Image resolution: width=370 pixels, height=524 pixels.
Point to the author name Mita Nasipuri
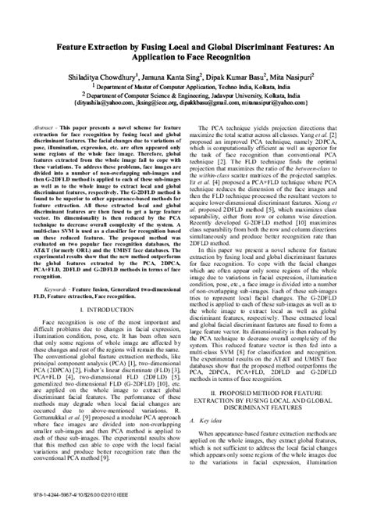point(287,77)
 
